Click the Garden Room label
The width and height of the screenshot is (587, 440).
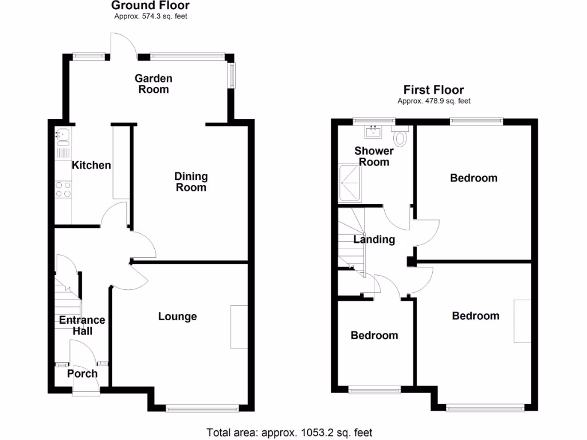pyautogui.click(x=153, y=84)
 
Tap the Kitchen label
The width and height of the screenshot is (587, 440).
pyautogui.click(x=91, y=166)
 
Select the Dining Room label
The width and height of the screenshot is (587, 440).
pyautogui.click(x=191, y=182)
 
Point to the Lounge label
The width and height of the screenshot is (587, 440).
pyautogui.click(x=178, y=316)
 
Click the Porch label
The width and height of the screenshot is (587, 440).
pyautogui.click(x=83, y=374)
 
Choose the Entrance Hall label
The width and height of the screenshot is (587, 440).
pyautogui.click(x=82, y=325)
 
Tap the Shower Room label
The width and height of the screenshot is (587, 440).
pyautogui.click(x=374, y=156)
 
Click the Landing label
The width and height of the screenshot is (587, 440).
pyautogui.click(x=374, y=239)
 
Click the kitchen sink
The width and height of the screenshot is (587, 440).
pyautogui.click(x=61, y=136)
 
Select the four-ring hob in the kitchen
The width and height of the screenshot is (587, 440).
pyautogui.click(x=63, y=189)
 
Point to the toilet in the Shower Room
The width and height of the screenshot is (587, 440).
pyautogui.click(x=400, y=137)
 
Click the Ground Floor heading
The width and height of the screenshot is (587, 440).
pyautogui.click(x=150, y=6)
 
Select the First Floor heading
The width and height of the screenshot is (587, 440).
pyautogui.click(x=433, y=89)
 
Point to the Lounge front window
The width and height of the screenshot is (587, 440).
pyautogui.click(x=202, y=408)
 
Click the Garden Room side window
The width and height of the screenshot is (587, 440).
pyautogui.click(x=232, y=75)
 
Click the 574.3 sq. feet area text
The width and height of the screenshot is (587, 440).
pyautogui.click(x=150, y=17)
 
